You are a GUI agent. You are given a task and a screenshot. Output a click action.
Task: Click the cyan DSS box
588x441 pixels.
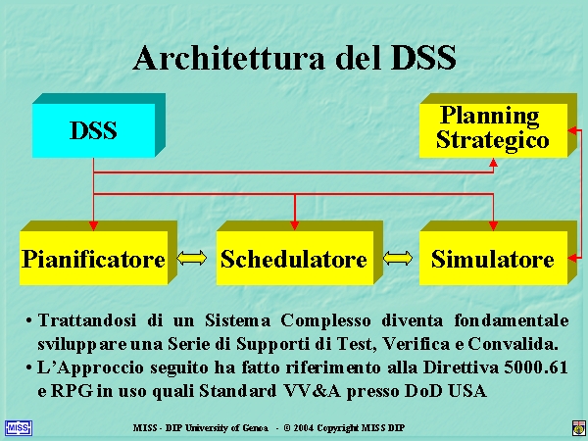[99, 125]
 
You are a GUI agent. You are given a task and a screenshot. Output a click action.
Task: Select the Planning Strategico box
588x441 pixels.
[498, 125]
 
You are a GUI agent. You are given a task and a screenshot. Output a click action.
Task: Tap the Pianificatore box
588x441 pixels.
[98, 253]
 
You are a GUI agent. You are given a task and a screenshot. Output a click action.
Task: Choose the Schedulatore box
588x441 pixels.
[300, 253]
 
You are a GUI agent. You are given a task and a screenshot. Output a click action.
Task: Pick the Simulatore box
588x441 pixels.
[498, 253]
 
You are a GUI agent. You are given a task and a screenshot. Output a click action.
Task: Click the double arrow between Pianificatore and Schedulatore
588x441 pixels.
[192, 259]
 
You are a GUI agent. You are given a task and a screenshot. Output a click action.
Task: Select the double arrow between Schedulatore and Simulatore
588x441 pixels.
[398, 259]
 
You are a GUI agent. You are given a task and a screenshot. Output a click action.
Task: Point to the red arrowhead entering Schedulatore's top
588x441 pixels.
[295, 225]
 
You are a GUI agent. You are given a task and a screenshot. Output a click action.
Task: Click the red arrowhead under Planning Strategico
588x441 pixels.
[494, 163]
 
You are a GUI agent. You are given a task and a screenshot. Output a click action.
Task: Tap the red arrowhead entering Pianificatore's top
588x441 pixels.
[93, 225]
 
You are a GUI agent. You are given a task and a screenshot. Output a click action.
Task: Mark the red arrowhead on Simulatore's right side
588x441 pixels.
[572, 258]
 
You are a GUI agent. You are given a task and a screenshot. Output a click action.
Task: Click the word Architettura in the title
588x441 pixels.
[228, 58]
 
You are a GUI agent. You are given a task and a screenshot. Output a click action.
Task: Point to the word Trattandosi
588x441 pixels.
[87, 321]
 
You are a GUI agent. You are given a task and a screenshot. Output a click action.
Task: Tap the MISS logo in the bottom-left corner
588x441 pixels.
[19, 428]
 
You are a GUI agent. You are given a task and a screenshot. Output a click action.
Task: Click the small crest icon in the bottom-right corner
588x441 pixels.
[579, 428]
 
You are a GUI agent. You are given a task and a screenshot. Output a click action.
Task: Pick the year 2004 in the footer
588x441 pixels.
[304, 428]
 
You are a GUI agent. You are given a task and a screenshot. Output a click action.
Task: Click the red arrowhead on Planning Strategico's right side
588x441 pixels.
[572, 130]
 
